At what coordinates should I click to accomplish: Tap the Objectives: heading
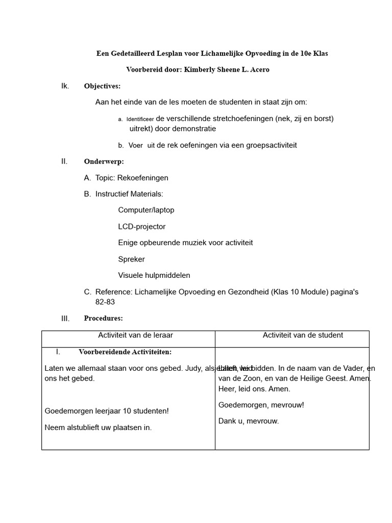coord(102,86)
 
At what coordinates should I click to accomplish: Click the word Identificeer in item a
coord(140,120)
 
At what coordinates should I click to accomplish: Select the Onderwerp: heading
coord(104,162)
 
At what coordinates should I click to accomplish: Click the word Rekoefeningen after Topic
coord(143,178)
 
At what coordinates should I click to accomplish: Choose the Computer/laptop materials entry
coord(146,210)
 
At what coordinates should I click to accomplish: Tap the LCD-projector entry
coord(142,227)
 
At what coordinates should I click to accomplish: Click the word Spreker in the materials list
coord(131,259)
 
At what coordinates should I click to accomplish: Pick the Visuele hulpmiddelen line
coord(154,276)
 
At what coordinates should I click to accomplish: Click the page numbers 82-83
coord(105,302)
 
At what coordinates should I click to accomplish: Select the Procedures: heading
coord(103,319)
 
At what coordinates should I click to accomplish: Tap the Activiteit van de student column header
coord(303,336)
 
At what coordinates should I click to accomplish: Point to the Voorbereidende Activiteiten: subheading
coord(125,352)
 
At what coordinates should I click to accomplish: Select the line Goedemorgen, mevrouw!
coord(261,406)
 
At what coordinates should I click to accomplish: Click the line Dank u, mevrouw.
coord(249,422)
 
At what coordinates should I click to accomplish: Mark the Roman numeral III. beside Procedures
coord(65,319)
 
